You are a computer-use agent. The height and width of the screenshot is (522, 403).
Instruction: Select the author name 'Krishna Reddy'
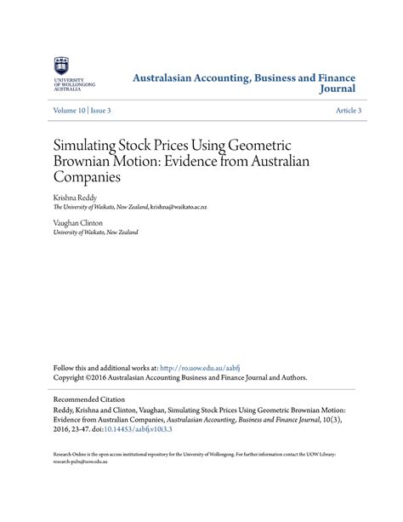(76, 195)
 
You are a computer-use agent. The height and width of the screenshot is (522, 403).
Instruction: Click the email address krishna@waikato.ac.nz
(190, 206)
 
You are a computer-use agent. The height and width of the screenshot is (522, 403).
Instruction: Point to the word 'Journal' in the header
(337, 89)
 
